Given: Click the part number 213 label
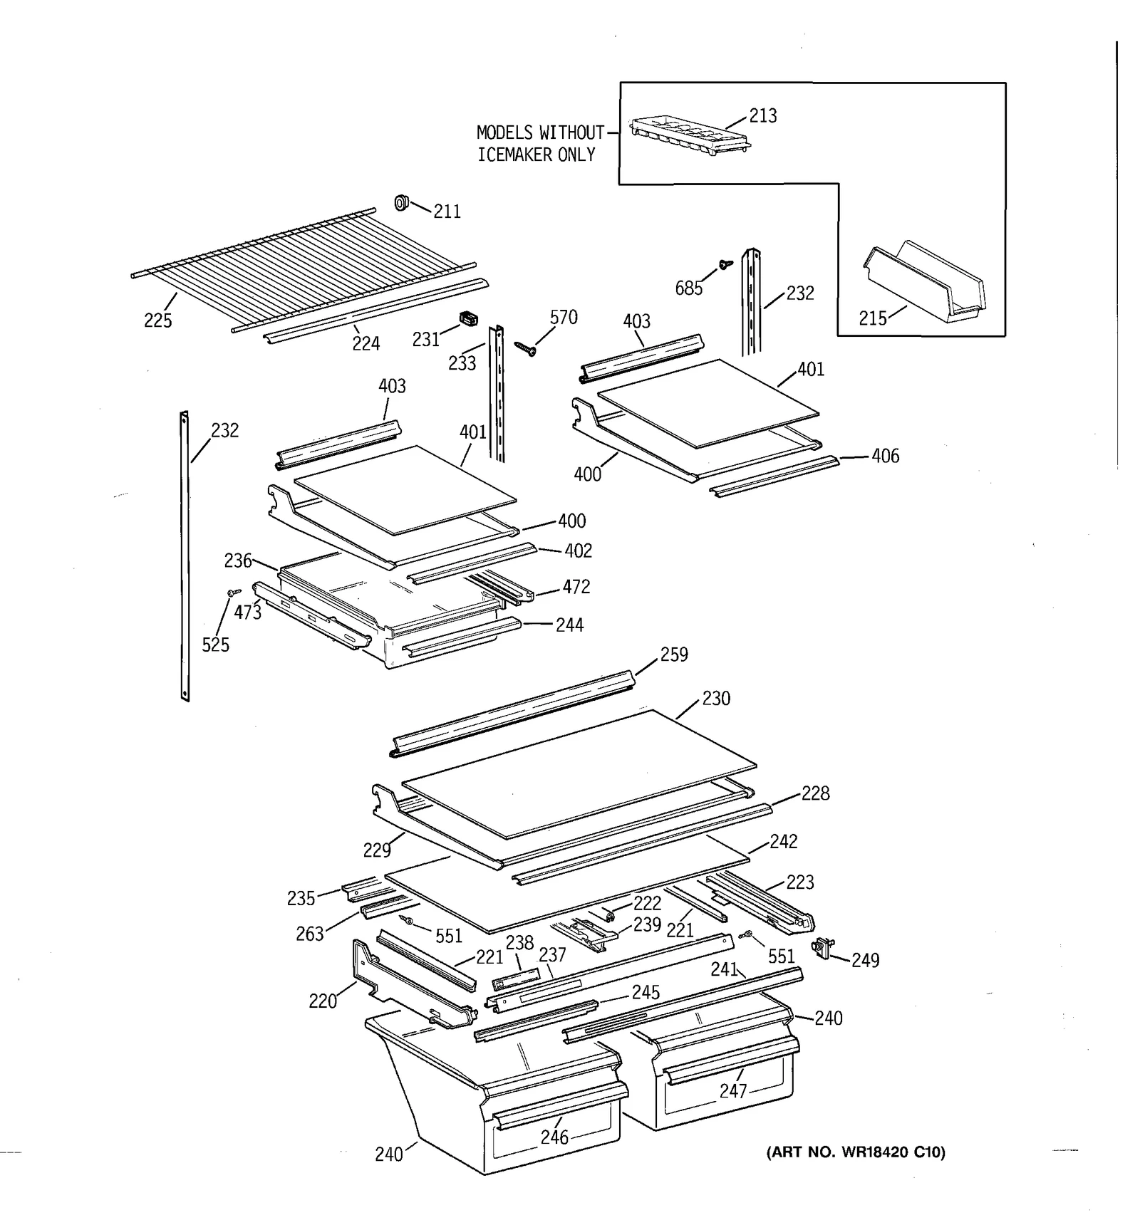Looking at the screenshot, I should click(762, 115).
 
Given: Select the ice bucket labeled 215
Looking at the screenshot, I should click(925, 283).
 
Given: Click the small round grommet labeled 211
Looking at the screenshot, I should click(402, 203).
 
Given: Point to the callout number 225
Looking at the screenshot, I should click(157, 320).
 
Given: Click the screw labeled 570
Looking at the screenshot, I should click(526, 349).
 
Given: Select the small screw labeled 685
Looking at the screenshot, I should click(726, 264).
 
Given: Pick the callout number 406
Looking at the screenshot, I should click(885, 456).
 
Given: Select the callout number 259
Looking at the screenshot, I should click(673, 655).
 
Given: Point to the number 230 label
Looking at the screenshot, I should click(715, 699).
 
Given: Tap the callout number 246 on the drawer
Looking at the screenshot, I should click(554, 1137).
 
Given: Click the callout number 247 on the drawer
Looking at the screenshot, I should click(732, 1091).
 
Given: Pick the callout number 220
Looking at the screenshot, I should click(322, 1001).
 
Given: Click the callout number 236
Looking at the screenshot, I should click(237, 561).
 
